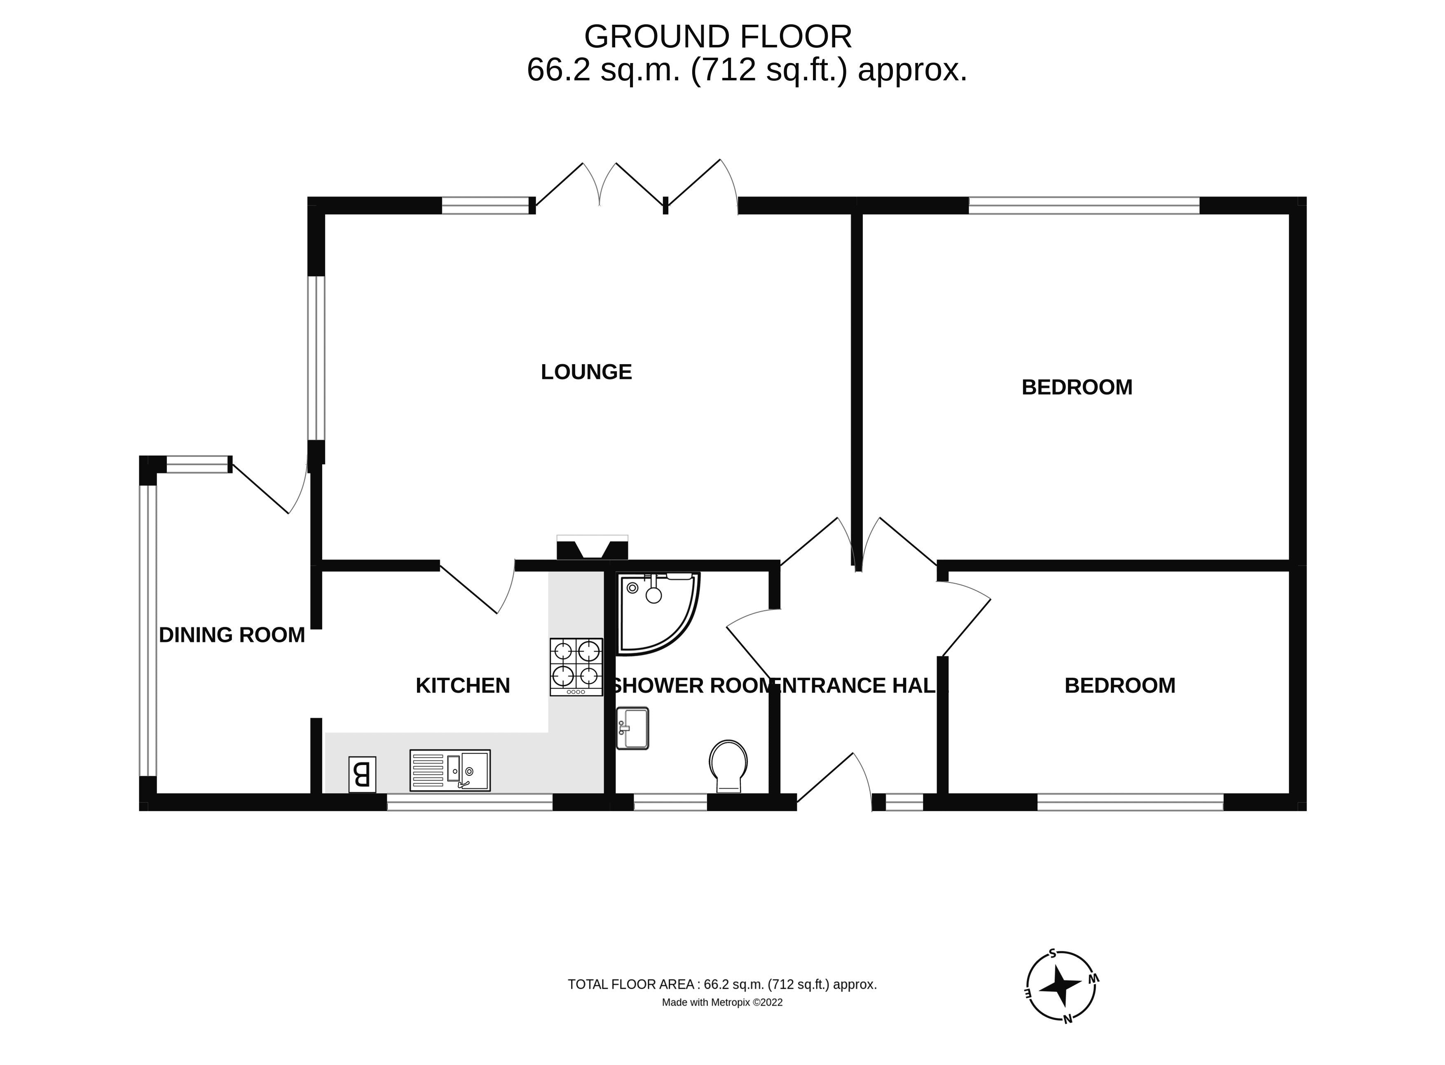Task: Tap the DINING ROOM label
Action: [232, 635]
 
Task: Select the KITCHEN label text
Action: [462, 685]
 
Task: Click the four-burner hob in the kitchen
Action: [576, 667]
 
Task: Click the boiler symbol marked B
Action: [362, 774]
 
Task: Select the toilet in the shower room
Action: [728, 765]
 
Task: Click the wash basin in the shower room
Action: [632, 728]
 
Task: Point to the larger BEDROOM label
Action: [1076, 387]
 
